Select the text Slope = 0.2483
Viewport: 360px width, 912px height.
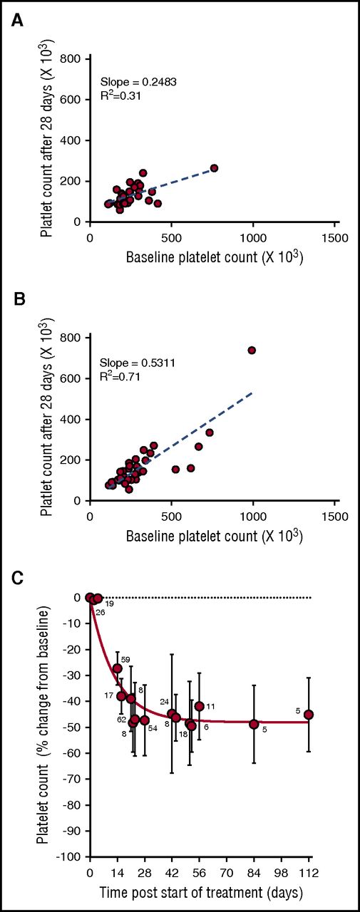tap(138, 82)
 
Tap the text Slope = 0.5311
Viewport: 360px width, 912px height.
tap(138, 363)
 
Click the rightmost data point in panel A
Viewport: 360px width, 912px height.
tap(214, 168)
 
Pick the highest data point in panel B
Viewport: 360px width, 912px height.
tap(252, 350)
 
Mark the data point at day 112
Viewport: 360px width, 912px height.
tap(309, 715)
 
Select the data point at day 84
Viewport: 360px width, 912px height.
tap(254, 724)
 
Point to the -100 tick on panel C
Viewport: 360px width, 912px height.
tap(71, 857)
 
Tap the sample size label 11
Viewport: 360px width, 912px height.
tap(210, 705)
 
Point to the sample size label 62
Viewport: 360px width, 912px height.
tap(121, 720)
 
